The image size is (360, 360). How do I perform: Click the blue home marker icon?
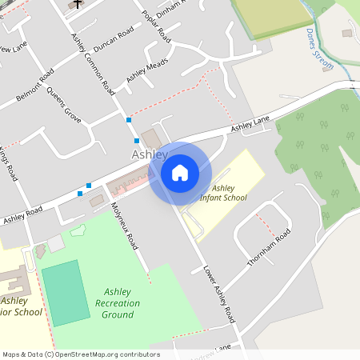pyautogui.click(x=179, y=172)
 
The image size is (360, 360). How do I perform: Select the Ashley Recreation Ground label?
pyautogui.click(x=117, y=303)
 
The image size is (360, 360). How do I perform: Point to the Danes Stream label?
pyautogui.click(x=319, y=50)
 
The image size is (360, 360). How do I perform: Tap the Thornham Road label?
pyautogui.click(x=267, y=247)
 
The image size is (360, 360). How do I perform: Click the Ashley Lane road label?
pyautogui.click(x=250, y=123)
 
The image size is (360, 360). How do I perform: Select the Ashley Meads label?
pyautogui.click(x=146, y=71)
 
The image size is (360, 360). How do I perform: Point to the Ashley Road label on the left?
pyautogui.click(x=22, y=215)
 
